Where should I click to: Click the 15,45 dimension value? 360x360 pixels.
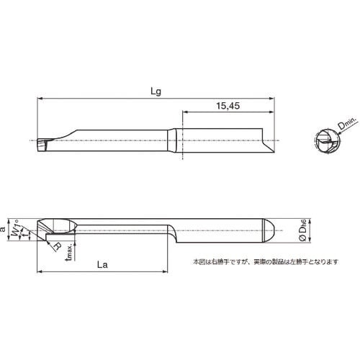(227, 106)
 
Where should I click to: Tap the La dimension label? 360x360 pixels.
(102, 265)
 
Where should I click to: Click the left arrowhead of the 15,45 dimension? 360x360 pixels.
(184, 112)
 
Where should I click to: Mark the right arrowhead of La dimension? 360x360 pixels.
(166, 272)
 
